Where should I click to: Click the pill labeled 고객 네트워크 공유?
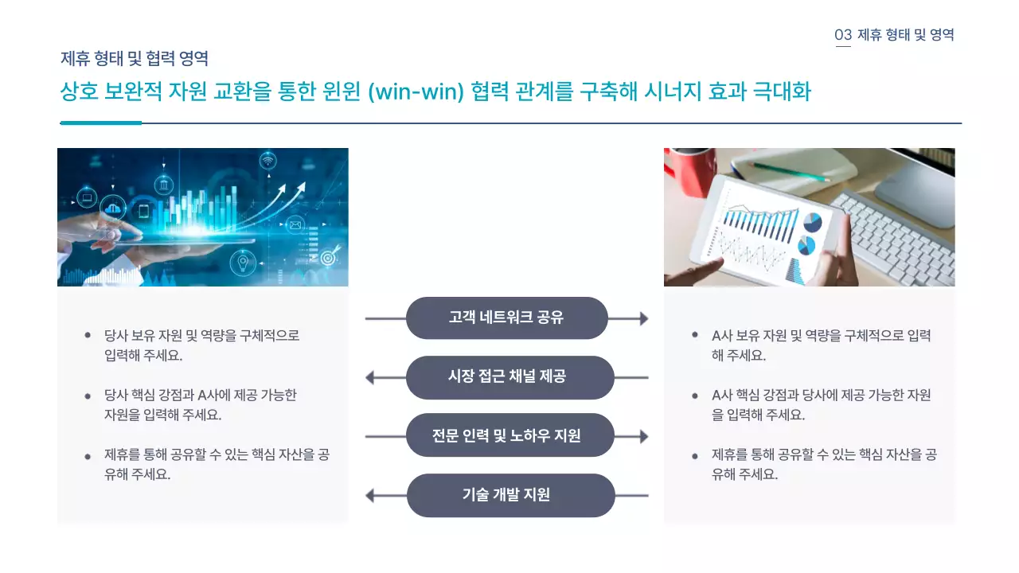click(x=506, y=318)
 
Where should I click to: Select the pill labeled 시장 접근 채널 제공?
click(x=509, y=377)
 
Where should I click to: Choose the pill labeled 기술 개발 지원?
click(x=510, y=495)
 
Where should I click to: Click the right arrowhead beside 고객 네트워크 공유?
click(x=642, y=318)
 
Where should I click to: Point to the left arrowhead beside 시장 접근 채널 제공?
click(x=370, y=377)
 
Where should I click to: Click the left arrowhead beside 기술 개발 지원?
click(x=370, y=495)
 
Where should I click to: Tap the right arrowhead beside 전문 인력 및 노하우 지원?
click(x=642, y=435)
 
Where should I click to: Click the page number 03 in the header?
click(x=843, y=35)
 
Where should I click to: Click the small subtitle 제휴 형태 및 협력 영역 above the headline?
click(x=135, y=58)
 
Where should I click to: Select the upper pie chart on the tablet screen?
click(x=812, y=222)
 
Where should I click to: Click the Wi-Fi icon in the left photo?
click(x=268, y=162)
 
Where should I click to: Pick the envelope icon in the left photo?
click(x=296, y=225)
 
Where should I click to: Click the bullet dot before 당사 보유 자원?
click(x=88, y=335)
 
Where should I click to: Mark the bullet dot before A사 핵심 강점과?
click(x=695, y=395)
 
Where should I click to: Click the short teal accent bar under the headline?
click(x=101, y=123)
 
